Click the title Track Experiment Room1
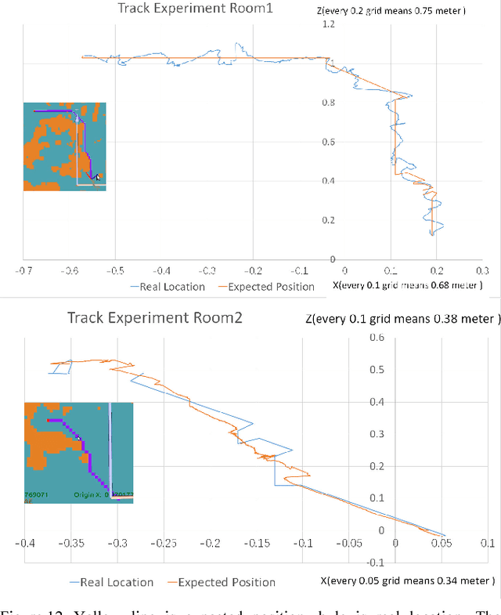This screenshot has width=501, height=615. [174, 10]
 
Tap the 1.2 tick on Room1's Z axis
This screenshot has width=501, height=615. [327, 25]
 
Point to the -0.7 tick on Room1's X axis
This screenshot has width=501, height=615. [23, 270]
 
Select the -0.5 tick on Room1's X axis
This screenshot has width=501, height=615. [115, 270]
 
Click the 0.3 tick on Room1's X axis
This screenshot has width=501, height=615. [481, 270]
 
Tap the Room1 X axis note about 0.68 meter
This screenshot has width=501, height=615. [407, 285]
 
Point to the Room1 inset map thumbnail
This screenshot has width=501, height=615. [64, 147]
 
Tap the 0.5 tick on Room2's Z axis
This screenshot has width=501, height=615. [377, 370]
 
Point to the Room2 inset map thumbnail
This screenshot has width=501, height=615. [78, 452]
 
